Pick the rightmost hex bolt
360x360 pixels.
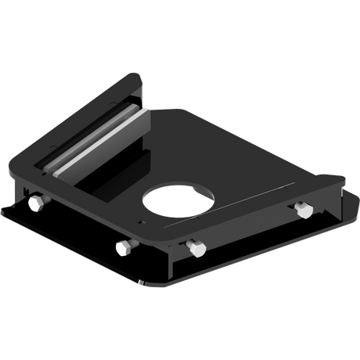pos(303,210)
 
